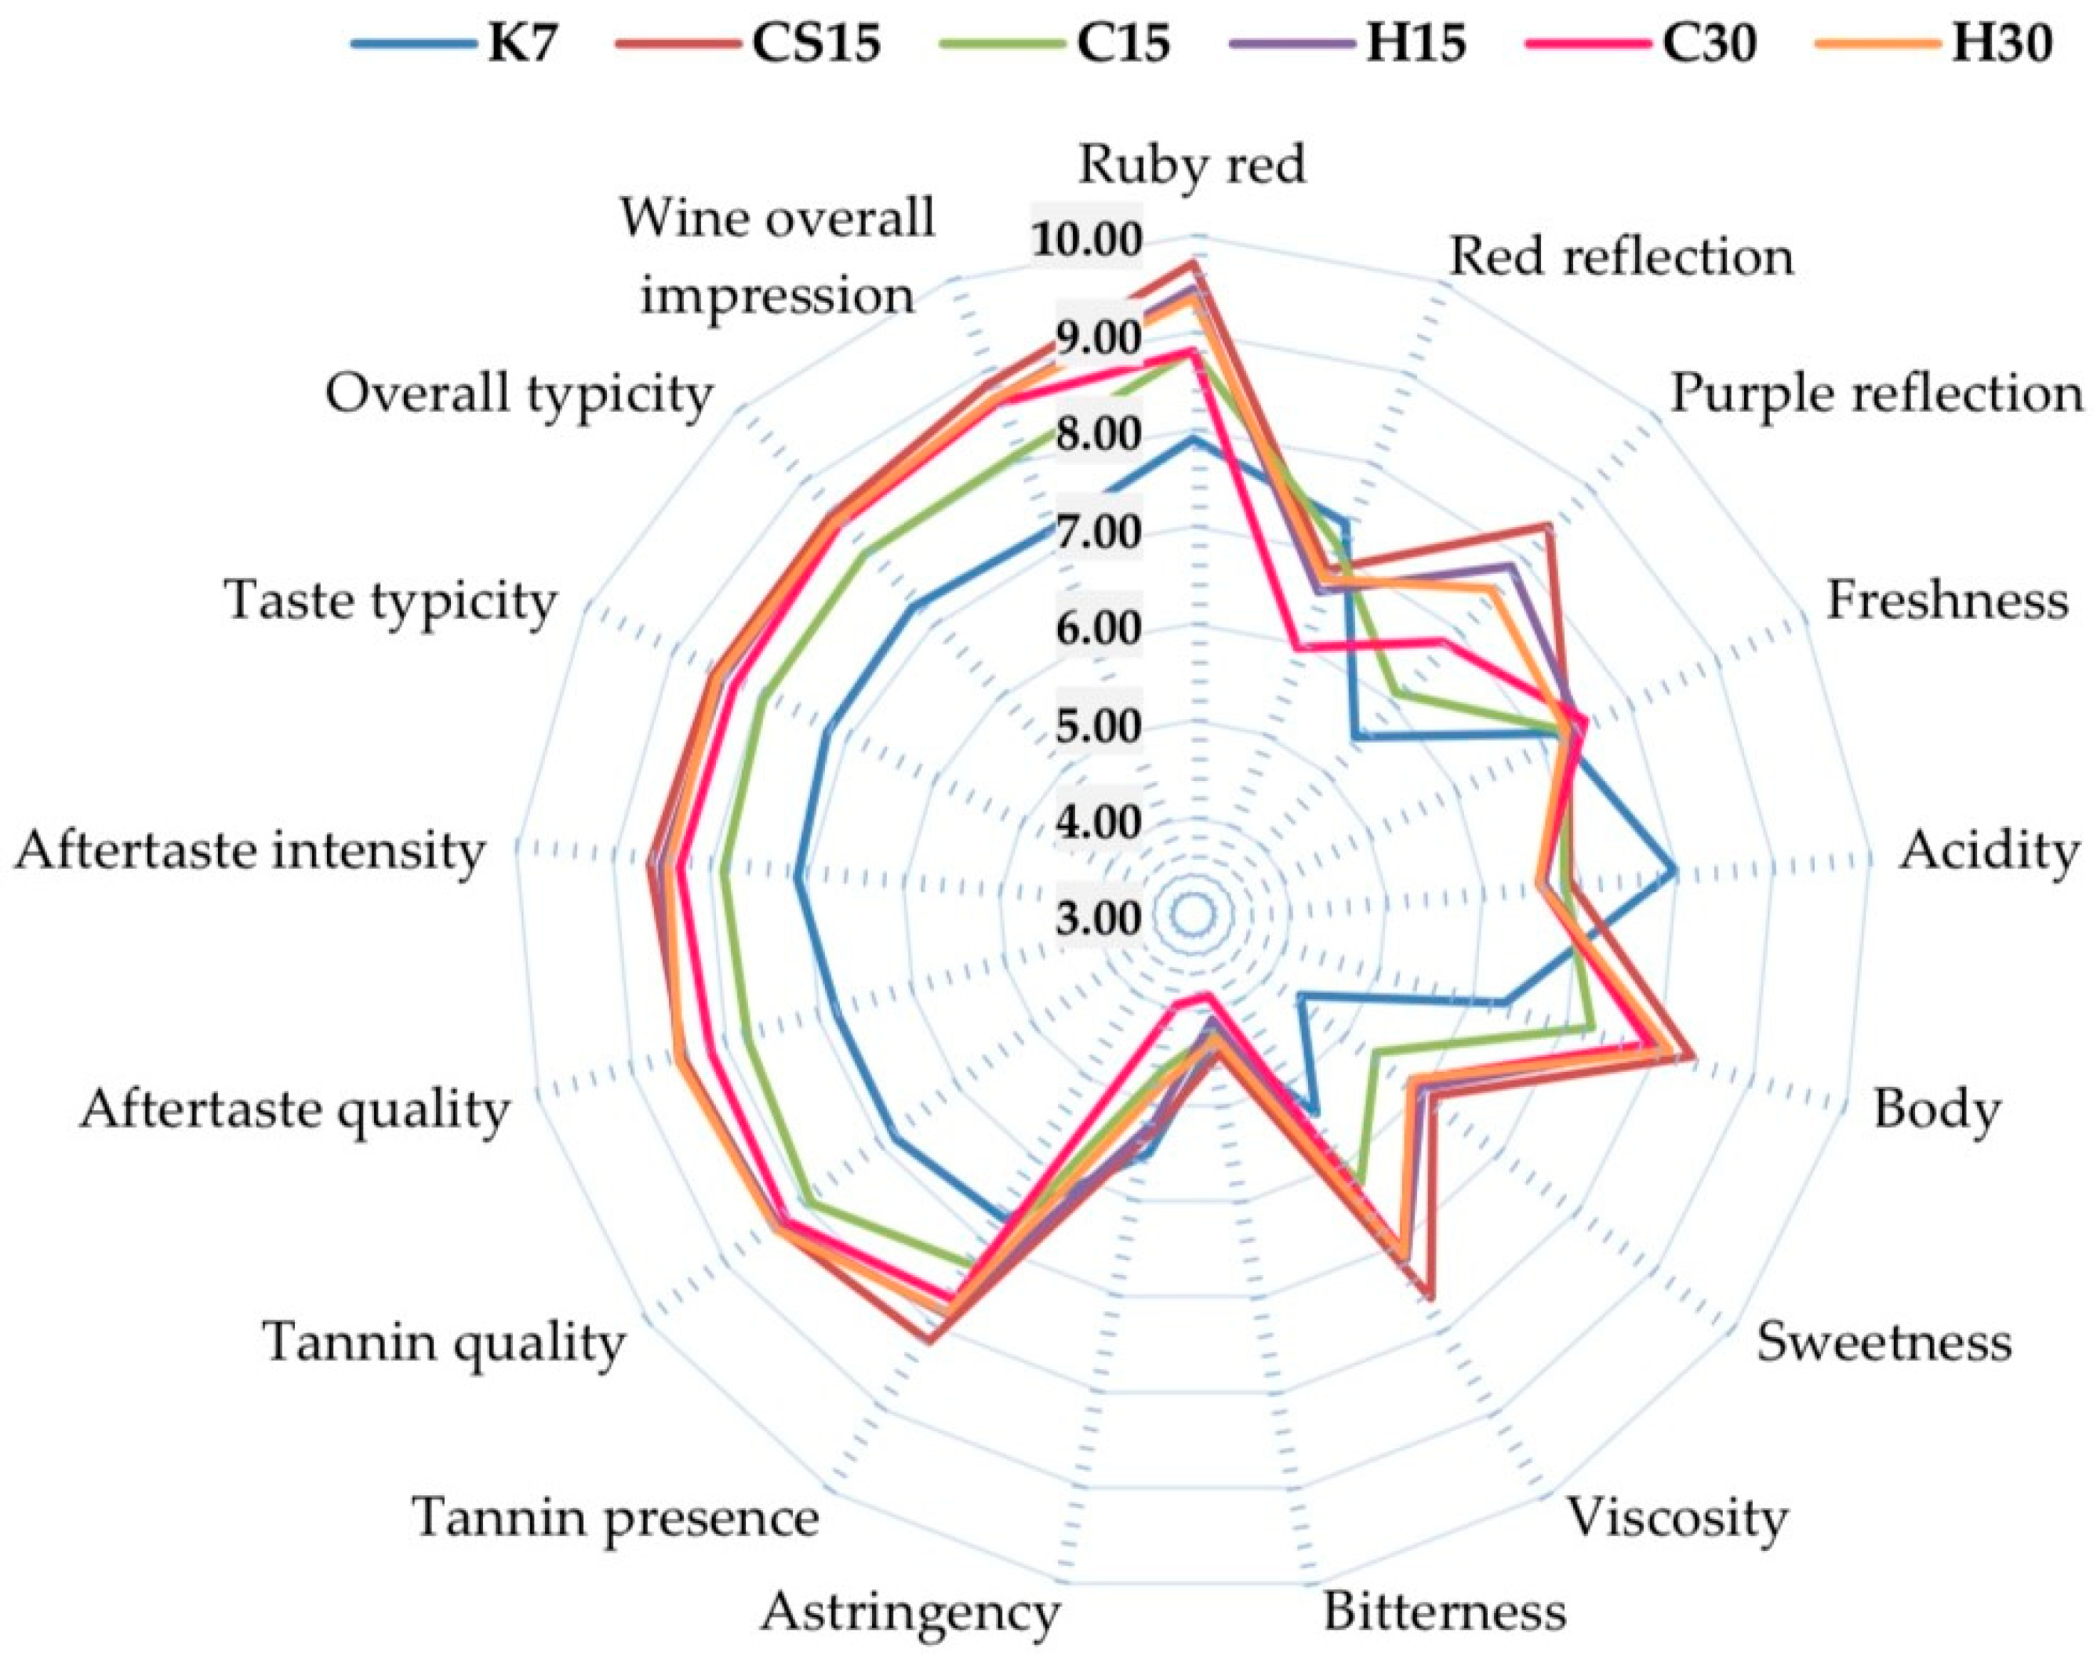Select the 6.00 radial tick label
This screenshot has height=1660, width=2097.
point(1097,629)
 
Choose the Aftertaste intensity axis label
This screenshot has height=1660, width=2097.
point(249,852)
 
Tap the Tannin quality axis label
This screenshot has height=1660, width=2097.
point(443,1343)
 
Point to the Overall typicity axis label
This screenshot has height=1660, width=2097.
point(519,394)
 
